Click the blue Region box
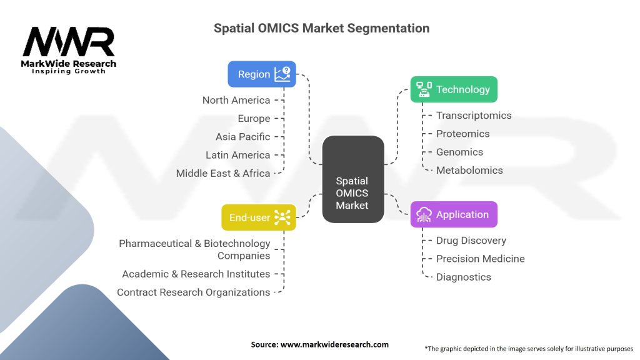262,74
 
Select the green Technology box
454,89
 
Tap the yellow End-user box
259,217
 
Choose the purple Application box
454,214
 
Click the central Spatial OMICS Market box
353,179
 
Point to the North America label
236,100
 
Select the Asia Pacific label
243,137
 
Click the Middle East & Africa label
223,173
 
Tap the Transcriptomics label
474,116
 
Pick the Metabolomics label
469,170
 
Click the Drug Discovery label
471,241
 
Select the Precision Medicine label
481,259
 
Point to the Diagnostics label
464,277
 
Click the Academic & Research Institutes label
196,274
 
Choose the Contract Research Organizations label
194,292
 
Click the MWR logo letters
69,42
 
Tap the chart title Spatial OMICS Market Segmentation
322,28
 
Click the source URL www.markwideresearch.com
335,344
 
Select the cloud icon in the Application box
424,214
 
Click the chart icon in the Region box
282,74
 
